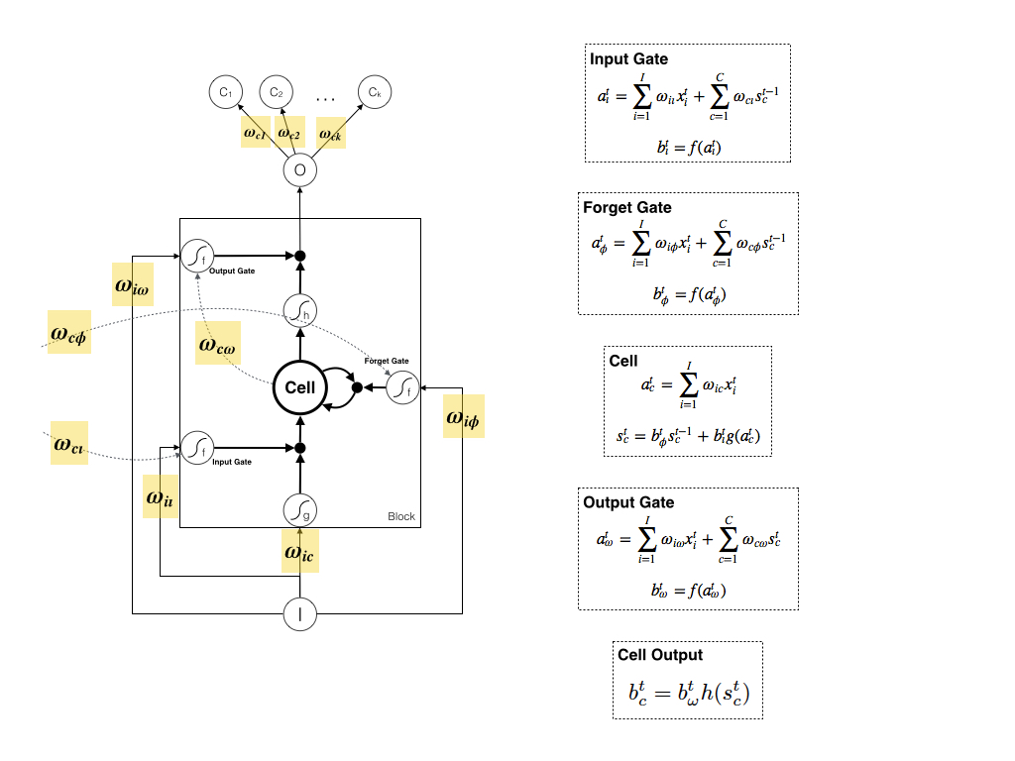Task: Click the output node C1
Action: pyautogui.click(x=225, y=93)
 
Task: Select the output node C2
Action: pyautogui.click(x=276, y=93)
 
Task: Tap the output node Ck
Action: pyautogui.click(x=374, y=93)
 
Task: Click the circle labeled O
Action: pyautogui.click(x=299, y=170)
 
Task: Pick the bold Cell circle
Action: pyautogui.click(x=300, y=387)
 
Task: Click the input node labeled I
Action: pyautogui.click(x=299, y=614)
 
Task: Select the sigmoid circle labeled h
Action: pyautogui.click(x=299, y=311)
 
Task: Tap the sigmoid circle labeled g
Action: pyautogui.click(x=299, y=509)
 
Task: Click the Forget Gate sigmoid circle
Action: pyautogui.click(x=401, y=387)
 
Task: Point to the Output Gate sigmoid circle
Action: pyautogui.click(x=196, y=256)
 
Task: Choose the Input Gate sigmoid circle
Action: pyautogui.click(x=196, y=448)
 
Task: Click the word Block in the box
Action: pyautogui.click(x=401, y=517)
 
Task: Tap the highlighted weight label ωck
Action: pyautogui.click(x=330, y=133)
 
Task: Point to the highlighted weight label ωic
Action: pyautogui.click(x=299, y=554)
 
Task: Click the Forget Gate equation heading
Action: pyautogui.click(x=627, y=208)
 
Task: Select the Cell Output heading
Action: pyautogui.click(x=660, y=655)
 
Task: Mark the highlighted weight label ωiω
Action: pyautogui.click(x=134, y=285)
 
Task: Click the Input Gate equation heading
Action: pyautogui.click(x=629, y=59)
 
